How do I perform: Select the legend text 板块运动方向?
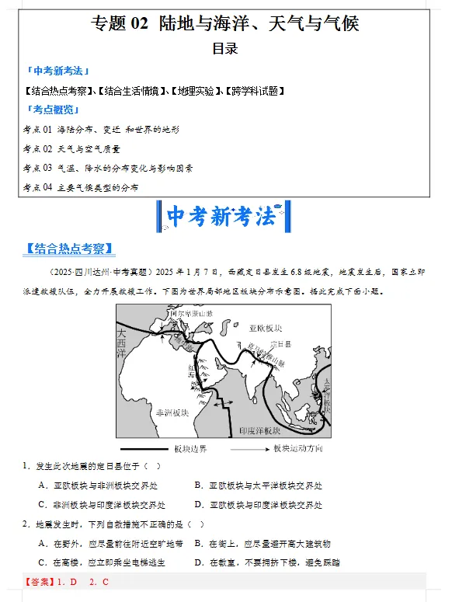[x=297, y=449]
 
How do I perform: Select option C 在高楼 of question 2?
[x=101, y=562]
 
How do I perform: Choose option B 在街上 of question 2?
[x=262, y=544]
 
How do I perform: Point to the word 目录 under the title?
[x=225, y=48]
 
